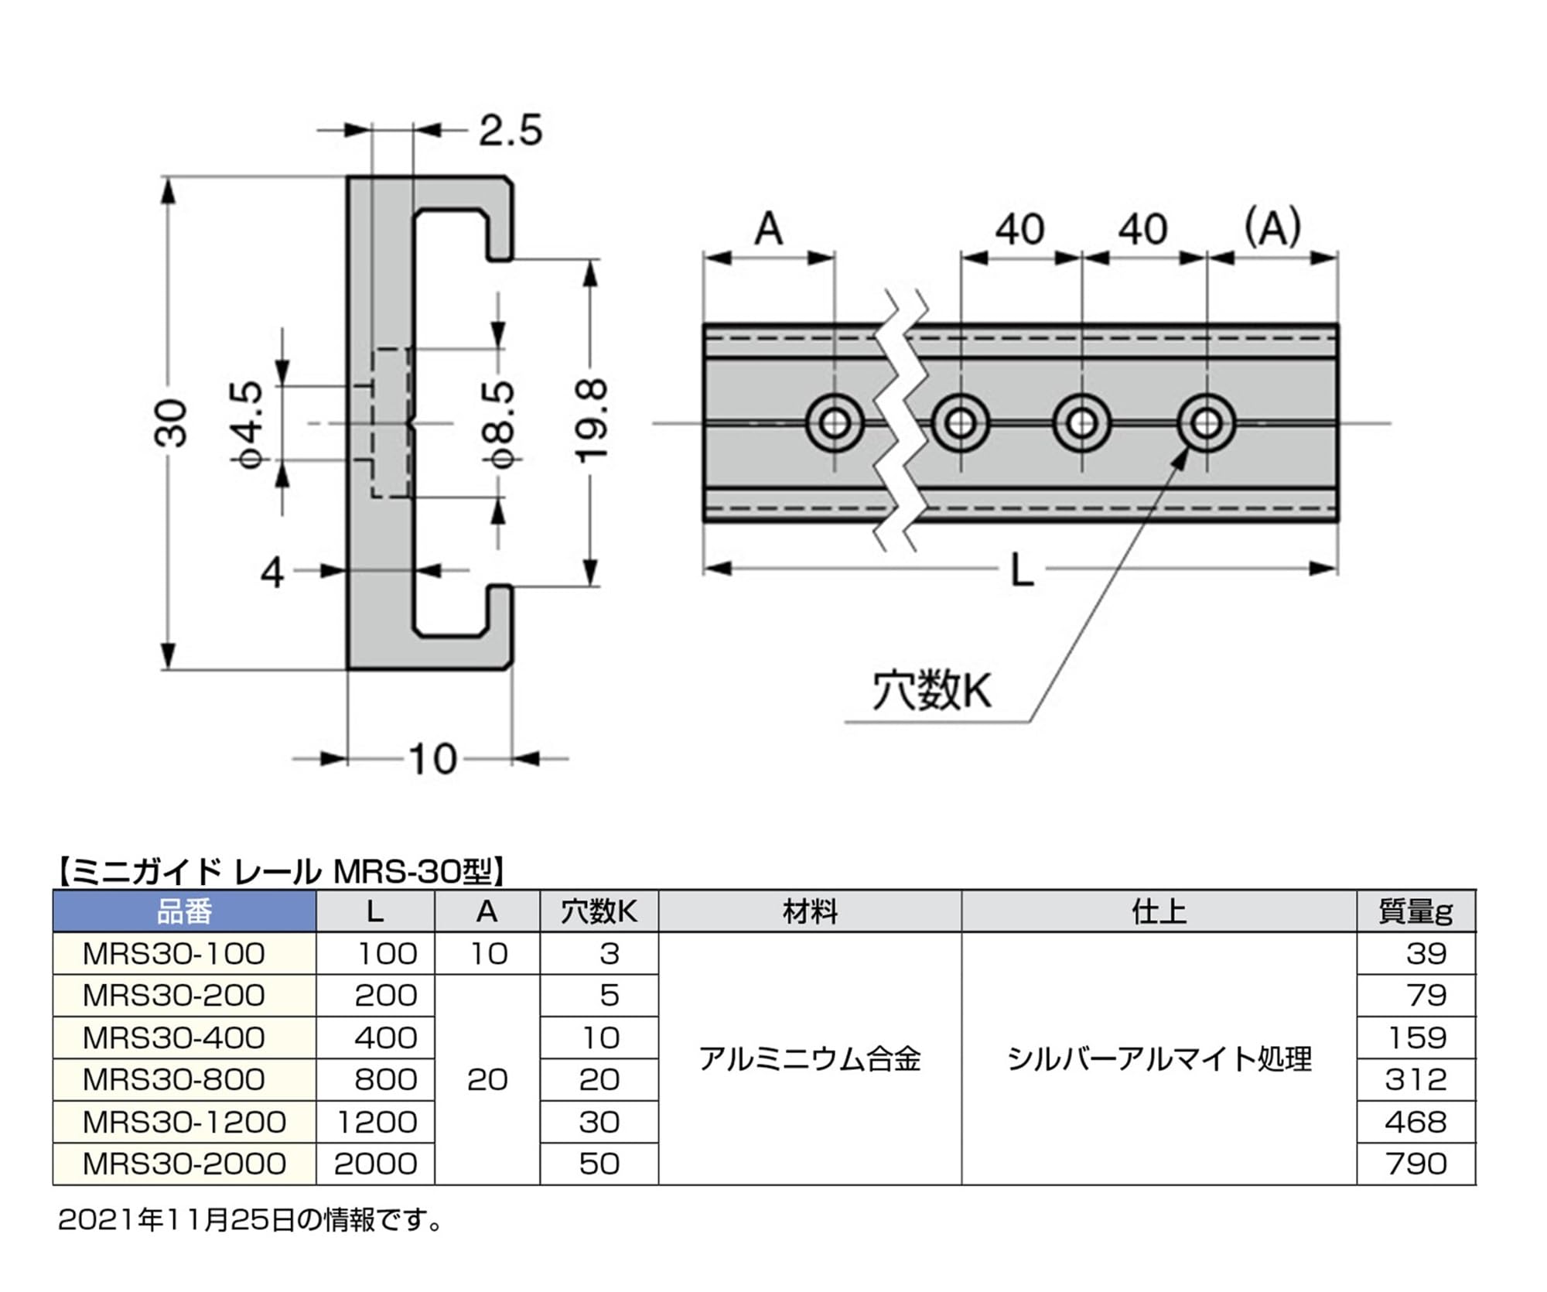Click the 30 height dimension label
tap(172, 423)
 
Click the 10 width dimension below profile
tap(433, 759)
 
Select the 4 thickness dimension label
tap(272, 573)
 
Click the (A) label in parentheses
tap(1272, 227)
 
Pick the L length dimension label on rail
tap(1022, 572)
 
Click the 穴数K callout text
tap(931, 690)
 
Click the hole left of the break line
tap(835, 423)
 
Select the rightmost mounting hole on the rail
tap(1206, 423)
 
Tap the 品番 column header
tap(184, 911)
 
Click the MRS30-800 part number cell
tap(174, 1079)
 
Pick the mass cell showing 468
tap(1415, 1121)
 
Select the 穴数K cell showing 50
tap(599, 1163)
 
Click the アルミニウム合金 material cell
tap(809, 1058)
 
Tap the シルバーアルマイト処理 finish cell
tap(1159, 1058)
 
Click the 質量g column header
tap(1415, 911)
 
